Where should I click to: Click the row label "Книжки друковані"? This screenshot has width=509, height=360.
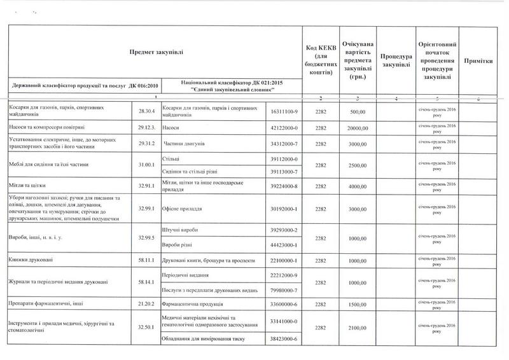(27, 261)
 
